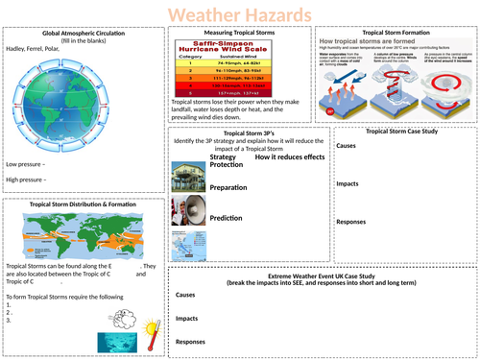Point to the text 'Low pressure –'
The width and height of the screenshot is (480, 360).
(x=27, y=164)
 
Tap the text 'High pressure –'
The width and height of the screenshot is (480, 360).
(x=28, y=179)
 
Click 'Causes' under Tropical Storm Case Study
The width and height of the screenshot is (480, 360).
(x=347, y=146)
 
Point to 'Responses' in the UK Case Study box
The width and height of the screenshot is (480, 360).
(x=191, y=341)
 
